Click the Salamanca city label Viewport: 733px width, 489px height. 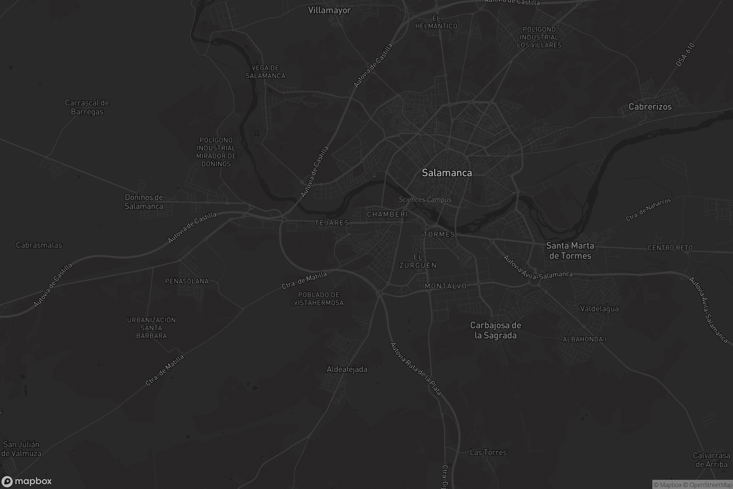[447, 173]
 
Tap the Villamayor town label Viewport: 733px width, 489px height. [330, 10]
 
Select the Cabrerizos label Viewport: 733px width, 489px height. [650, 107]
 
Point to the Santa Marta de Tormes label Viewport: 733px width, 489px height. [570, 251]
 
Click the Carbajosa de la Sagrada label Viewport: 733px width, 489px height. [495, 330]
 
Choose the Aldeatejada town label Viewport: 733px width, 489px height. [347, 369]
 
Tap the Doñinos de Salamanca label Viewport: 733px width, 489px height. [144, 201]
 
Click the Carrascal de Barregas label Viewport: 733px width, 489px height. [87, 107]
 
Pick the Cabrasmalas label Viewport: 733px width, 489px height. [39, 245]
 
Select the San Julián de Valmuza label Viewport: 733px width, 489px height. [21, 448]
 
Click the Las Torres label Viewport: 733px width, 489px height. [488, 452]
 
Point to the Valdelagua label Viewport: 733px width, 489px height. [599, 309]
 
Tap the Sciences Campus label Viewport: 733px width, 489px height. [425, 200]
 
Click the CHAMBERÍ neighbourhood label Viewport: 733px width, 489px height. [387, 214]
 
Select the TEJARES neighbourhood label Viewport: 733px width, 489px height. [332, 223]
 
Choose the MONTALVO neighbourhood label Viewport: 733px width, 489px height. [445, 286]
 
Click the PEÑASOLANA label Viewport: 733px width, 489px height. [187, 281]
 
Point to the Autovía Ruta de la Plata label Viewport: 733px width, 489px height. [416, 369]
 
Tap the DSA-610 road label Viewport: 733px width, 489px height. [685, 55]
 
